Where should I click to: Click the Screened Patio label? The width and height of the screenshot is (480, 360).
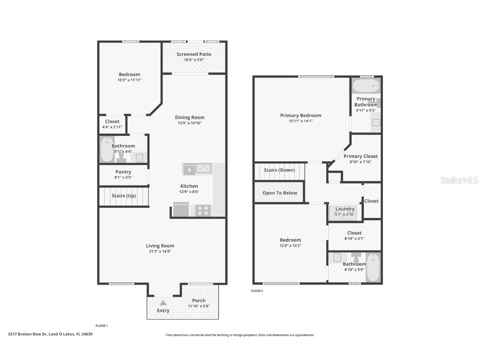(194, 54)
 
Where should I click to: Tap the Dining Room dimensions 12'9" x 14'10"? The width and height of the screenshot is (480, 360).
(190, 123)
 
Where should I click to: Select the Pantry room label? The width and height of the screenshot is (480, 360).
(123, 172)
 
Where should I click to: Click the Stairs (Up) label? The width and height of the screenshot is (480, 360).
(124, 196)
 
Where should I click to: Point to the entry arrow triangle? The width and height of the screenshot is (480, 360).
(163, 303)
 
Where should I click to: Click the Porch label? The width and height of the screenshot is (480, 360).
(199, 300)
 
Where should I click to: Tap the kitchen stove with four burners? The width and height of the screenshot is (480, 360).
(203, 210)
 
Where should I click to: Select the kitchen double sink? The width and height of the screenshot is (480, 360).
(204, 168)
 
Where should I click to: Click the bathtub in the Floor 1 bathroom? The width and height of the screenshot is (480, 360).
(106, 150)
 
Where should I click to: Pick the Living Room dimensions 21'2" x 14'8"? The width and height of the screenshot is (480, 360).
(160, 251)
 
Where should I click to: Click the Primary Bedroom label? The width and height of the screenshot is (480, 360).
(300, 115)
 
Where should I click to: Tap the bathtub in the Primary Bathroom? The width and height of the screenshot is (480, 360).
(366, 86)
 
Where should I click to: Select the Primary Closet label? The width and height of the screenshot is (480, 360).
(360, 156)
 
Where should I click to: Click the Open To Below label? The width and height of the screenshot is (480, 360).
(280, 193)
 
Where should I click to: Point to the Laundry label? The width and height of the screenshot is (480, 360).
(345, 209)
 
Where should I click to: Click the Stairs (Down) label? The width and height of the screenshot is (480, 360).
(280, 170)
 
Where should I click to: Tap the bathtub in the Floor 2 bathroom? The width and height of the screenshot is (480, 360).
(373, 267)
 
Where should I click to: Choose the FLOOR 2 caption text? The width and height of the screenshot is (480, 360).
(257, 291)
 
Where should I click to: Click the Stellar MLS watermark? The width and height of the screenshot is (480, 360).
(460, 180)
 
